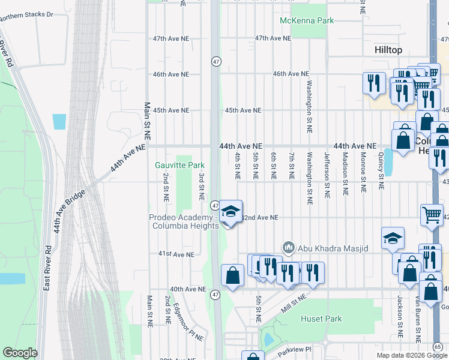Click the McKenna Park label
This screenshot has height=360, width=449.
click(x=307, y=21)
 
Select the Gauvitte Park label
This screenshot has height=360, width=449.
click(x=180, y=165)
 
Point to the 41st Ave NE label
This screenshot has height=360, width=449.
click(x=176, y=254)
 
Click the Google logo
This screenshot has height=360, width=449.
click(x=20, y=353)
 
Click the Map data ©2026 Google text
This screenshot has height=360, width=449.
click(x=411, y=355)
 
